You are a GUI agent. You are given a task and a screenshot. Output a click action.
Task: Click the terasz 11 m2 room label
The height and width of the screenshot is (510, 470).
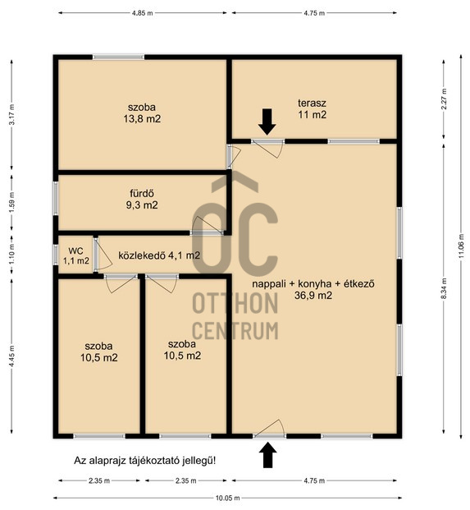pyautogui.click(x=313, y=109)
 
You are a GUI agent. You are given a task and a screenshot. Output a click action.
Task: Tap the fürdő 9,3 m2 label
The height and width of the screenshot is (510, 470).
pyautogui.click(x=142, y=199)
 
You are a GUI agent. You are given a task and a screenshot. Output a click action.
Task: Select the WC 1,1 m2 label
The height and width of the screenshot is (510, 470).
pyautogui.click(x=76, y=255)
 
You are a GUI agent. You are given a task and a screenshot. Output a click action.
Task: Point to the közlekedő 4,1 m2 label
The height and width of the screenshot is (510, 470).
pyautogui.click(x=159, y=255)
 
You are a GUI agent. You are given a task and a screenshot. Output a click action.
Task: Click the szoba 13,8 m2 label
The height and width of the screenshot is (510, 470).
pyautogui.click(x=142, y=113)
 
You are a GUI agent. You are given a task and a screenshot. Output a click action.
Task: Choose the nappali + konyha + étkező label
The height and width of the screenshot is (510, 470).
pyautogui.click(x=313, y=284)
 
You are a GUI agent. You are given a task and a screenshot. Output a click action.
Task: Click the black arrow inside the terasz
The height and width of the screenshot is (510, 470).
pyautogui.click(x=267, y=122)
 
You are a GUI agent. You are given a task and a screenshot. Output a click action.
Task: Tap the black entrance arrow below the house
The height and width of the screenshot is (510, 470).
pyautogui.click(x=267, y=455)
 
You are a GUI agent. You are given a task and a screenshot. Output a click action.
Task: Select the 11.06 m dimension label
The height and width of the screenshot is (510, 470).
pyautogui.click(x=461, y=246)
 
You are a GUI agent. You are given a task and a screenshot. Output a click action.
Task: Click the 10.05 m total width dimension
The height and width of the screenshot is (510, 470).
pyautogui.click(x=227, y=498)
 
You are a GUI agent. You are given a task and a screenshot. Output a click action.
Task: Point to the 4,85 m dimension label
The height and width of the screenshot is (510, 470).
pyautogui.click(x=142, y=13)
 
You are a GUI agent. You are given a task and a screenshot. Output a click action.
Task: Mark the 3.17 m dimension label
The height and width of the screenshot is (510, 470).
pyautogui.click(x=12, y=115)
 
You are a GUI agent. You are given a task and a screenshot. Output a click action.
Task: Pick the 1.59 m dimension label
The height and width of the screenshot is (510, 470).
pyautogui.click(x=12, y=203)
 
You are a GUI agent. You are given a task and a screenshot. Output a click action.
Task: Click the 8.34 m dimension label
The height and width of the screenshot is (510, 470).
pyautogui.click(x=444, y=289)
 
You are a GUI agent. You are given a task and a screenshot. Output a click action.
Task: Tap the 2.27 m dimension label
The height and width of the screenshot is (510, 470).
pyautogui.click(x=444, y=99)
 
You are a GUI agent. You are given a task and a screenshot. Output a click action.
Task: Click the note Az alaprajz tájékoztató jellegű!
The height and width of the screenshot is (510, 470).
pyautogui.click(x=144, y=461)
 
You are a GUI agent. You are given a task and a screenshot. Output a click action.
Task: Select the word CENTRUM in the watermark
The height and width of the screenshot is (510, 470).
pyautogui.click(x=235, y=330)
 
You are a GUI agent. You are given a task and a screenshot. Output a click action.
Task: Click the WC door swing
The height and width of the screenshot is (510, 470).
pyautogui.click(x=103, y=254)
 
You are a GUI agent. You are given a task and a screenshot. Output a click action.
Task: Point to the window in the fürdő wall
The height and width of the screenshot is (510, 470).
pyautogui.click(x=56, y=198)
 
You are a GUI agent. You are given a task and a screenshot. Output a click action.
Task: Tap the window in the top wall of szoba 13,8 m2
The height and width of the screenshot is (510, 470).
pyautogui.click(x=118, y=57)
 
